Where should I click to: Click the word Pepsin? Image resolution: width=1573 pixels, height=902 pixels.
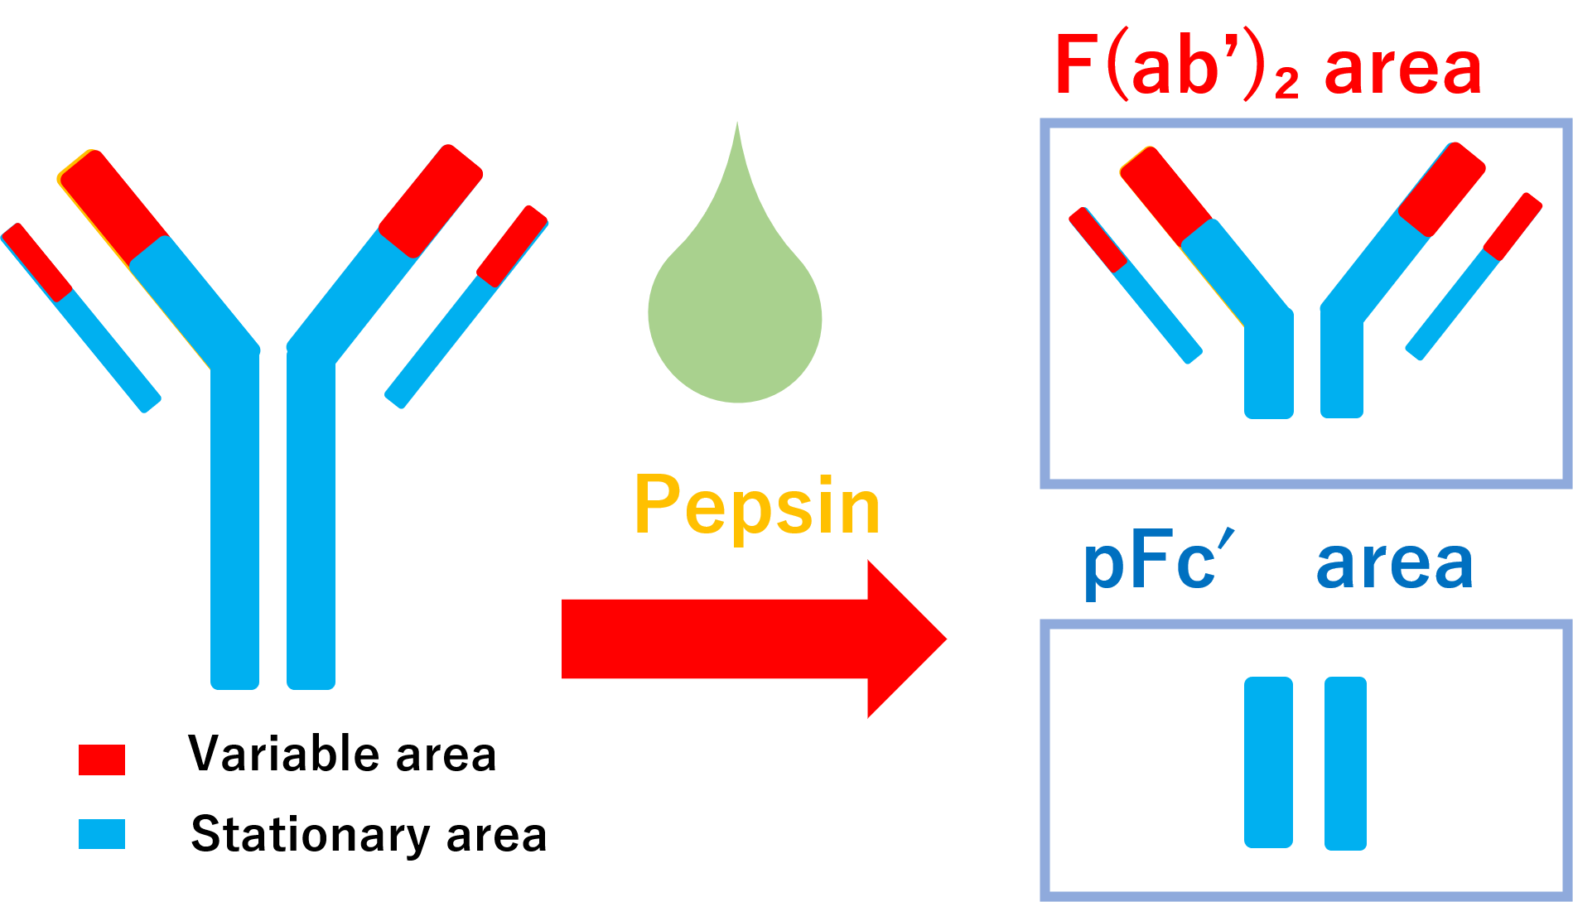(757, 506)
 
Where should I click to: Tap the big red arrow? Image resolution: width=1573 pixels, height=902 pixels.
(754, 639)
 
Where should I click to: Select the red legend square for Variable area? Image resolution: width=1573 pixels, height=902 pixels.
(102, 760)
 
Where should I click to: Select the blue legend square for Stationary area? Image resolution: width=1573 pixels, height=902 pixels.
(102, 834)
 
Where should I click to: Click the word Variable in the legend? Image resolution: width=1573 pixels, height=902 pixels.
(284, 754)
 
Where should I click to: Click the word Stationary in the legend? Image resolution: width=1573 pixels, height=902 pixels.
(311, 834)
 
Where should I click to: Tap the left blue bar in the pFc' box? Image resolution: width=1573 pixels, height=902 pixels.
(1268, 762)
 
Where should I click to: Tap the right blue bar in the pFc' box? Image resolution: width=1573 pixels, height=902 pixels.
(1345, 763)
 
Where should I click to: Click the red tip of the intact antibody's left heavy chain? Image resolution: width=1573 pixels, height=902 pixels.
(113, 205)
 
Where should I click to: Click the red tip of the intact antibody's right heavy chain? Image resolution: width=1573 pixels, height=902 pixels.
(432, 200)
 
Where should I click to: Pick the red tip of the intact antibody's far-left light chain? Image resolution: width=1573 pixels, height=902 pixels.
(37, 262)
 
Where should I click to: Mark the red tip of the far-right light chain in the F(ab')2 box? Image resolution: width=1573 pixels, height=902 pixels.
(1513, 226)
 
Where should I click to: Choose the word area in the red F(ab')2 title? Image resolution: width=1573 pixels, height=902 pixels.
(1402, 69)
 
